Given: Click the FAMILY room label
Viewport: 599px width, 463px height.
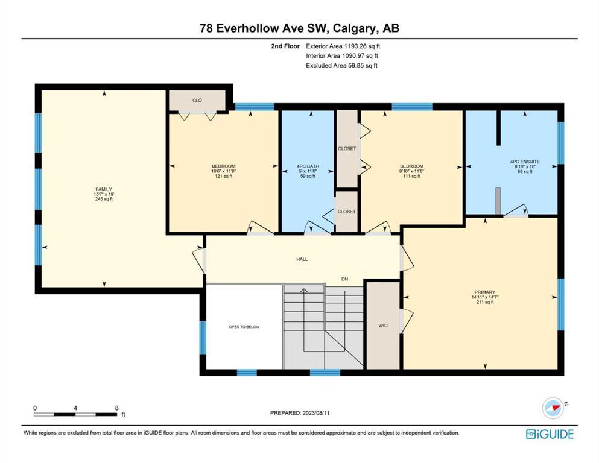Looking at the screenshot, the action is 104,189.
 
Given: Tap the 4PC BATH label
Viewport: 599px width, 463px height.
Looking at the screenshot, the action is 308,166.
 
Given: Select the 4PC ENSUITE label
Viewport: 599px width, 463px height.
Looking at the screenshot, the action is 525,162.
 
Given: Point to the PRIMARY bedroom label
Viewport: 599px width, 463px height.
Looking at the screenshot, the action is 485,292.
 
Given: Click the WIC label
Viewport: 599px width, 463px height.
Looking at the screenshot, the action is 383,326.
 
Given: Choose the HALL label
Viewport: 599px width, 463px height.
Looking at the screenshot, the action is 302,259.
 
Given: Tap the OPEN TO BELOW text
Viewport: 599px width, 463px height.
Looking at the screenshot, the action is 244,327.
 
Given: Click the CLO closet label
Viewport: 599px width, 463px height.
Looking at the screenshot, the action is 197,101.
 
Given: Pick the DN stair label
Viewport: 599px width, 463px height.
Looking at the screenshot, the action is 345,279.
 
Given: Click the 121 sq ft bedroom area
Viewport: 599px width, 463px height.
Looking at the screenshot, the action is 223,177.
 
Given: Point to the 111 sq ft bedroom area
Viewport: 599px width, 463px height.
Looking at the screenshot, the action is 411,177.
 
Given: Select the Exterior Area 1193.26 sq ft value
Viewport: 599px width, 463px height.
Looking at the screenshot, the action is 343,46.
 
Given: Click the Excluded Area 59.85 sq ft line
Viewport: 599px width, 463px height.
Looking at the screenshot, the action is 341,65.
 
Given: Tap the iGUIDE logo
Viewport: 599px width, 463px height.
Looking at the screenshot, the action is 550,434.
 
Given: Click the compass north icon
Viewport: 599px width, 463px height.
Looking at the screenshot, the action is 553,408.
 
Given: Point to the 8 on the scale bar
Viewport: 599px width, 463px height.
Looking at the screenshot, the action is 116,408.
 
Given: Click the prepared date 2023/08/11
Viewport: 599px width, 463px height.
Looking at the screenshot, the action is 316,412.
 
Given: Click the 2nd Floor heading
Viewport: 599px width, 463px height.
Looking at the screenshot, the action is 285,46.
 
